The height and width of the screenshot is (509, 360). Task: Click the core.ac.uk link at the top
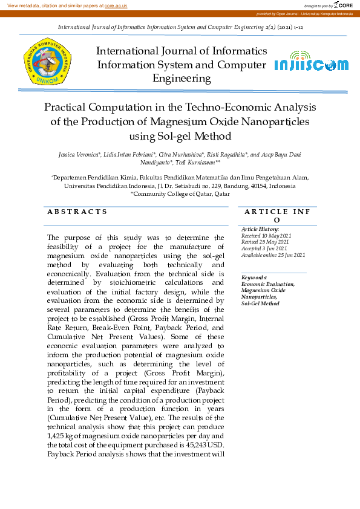(116, 5)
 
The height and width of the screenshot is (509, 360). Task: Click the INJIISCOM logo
(311, 65)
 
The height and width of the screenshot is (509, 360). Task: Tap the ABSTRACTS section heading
(77, 212)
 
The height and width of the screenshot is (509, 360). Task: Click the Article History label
(260, 230)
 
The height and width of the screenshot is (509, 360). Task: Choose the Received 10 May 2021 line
(266, 236)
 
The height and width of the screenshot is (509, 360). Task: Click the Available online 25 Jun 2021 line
(273, 255)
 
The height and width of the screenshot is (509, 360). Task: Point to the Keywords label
(255, 277)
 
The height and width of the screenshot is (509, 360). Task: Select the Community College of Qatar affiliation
(182, 194)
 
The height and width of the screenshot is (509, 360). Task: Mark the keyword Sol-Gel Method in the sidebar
(260, 303)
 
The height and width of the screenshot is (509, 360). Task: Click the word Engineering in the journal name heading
(182, 79)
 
